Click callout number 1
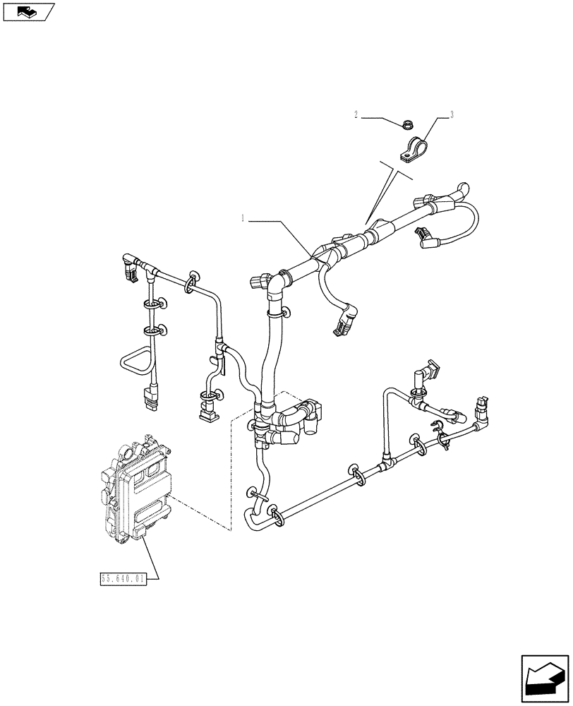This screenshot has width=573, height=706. click(x=243, y=220)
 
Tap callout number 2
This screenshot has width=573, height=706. click(x=356, y=114)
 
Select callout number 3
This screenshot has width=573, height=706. click(x=452, y=114)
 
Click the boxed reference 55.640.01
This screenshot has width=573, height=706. click(x=123, y=580)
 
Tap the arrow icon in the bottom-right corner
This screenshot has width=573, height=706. click(x=544, y=678)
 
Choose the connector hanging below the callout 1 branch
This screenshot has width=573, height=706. click(x=342, y=323)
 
